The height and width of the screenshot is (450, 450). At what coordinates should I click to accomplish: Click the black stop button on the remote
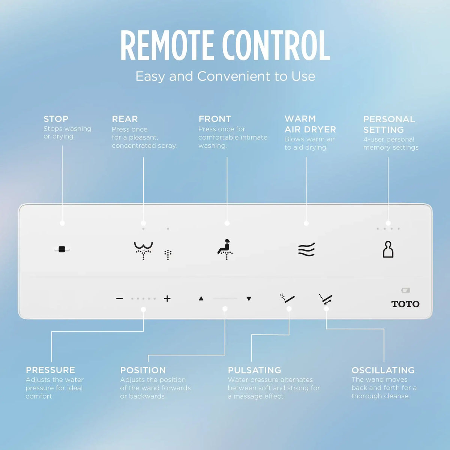(61, 249)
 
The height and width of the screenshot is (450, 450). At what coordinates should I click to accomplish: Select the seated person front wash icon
(225, 249)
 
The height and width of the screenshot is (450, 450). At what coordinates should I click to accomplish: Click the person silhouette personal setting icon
(388, 249)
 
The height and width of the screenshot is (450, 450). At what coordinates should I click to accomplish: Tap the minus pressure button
(120, 298)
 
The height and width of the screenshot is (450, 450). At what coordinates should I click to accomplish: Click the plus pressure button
(167, 298)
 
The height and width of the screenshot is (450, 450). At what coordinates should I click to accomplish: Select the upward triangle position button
(201, 298)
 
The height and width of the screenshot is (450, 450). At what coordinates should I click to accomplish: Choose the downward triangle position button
(249, 298)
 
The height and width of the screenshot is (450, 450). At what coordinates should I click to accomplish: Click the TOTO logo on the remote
(405, 304)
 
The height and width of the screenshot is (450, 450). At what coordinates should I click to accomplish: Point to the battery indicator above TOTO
(405, 290)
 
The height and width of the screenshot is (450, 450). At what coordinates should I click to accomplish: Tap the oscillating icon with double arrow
(326, 299)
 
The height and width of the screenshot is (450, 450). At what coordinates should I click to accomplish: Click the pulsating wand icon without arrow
(287, 298)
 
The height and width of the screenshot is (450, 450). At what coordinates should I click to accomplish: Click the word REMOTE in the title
(167, 45)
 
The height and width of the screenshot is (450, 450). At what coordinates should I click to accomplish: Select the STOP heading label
(56, 119)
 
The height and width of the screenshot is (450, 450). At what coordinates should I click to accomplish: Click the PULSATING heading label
(255, 370)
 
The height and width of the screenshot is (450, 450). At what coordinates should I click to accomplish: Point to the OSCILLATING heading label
(383, 370)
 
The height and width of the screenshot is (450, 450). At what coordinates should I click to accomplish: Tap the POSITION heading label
(143, 370)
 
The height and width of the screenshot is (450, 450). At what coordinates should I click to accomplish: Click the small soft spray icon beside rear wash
(168, 255)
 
